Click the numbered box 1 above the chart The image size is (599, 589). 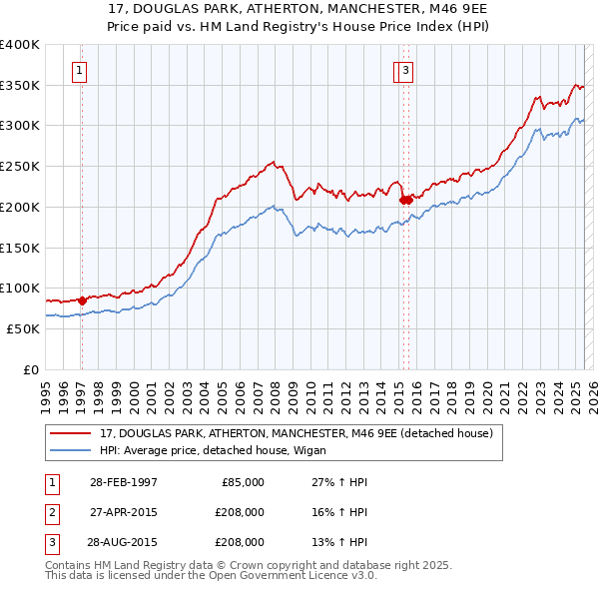pos(79,70)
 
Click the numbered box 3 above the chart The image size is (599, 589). pos(408,70)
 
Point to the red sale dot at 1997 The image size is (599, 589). pos(82,299)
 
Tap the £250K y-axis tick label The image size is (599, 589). pos(20,166)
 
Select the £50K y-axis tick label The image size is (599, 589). pos(23,328)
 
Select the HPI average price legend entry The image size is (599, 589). pos(220,450)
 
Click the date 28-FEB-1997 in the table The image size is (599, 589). pos(123,482)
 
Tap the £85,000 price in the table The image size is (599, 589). pos(241,482)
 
